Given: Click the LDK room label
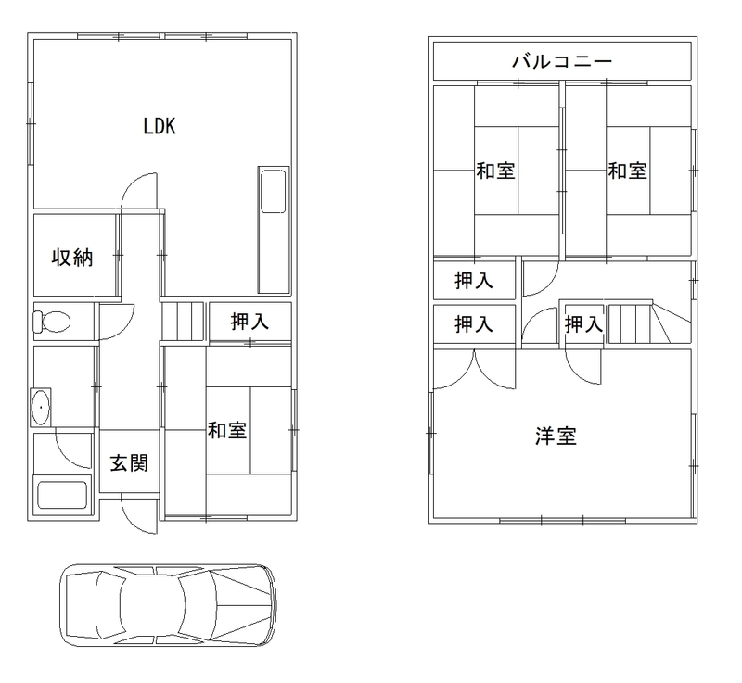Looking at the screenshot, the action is [160, 126].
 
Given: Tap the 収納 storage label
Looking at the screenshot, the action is [72, 258].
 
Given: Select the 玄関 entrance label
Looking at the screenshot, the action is [129, 462].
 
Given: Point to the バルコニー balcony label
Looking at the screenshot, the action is [562, 61].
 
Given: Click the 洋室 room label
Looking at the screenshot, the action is [556, 436].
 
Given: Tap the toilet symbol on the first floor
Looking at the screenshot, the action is [52, 322].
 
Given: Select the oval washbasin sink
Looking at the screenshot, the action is [41, 408].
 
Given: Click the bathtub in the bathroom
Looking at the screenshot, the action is [62, 495].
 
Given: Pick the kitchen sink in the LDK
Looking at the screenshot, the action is [273, 191].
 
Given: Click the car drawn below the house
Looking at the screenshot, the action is [168, 605].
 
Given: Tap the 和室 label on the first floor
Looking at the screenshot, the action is [227, 430].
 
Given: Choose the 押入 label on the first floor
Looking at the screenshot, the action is [249, 322].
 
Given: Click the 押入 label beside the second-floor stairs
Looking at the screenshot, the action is [583, 324].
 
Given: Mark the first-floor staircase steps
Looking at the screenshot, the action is [183, 321].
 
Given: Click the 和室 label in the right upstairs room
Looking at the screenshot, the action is [628, 171].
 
